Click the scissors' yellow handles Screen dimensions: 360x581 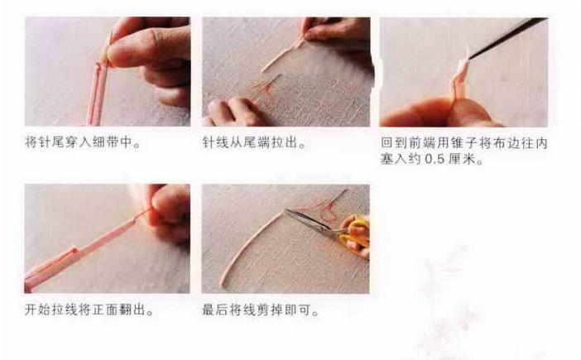(353, 234)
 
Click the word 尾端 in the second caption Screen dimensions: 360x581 (261, 142)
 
